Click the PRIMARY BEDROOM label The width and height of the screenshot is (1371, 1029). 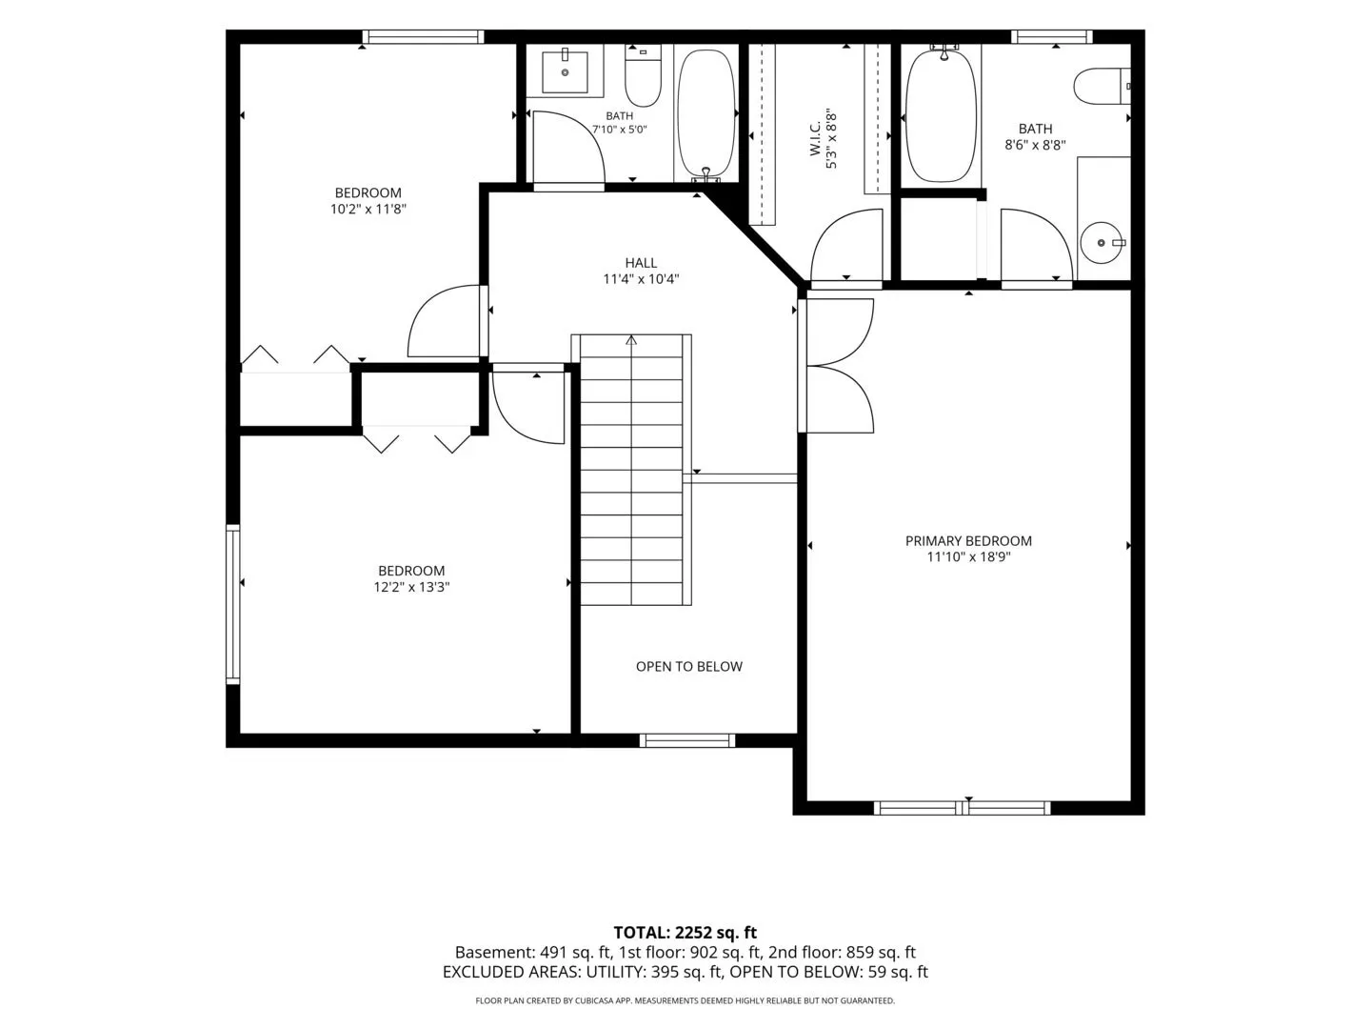[968, 541]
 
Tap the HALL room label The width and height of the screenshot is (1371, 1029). [641, 263]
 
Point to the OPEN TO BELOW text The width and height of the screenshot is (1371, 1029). [689, 667]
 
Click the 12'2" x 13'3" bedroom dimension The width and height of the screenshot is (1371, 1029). [411, 587]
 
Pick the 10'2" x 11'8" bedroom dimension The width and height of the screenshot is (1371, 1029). [368, 210]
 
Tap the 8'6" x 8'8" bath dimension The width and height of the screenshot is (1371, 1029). [1035, 145]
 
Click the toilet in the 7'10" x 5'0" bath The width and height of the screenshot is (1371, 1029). [643, 75]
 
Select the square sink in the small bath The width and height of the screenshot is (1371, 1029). [565, 71]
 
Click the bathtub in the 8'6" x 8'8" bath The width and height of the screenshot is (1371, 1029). [941, 116]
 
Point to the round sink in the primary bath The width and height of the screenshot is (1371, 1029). [1103, 242]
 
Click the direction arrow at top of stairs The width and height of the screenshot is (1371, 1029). [631, 340]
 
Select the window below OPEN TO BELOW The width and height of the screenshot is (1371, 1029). [687, 740]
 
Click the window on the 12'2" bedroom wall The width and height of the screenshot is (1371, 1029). [233, 604]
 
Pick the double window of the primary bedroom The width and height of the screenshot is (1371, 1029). [962, 809]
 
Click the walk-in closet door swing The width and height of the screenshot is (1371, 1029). [846, 246]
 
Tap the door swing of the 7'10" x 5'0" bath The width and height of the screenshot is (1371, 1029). [567, 148]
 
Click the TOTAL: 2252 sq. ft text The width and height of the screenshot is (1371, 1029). [685, 933]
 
